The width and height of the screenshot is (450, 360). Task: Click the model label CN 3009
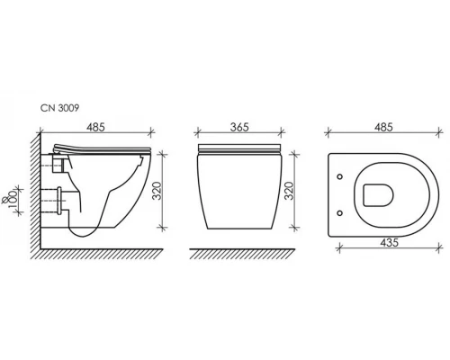pos(59,108)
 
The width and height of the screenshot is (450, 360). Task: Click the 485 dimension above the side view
pos(95,127)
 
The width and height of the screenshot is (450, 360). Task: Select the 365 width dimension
pos(239,127)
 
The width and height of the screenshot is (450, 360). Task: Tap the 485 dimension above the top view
pos(383,127)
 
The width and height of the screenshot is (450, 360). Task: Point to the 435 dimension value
pos(389,242)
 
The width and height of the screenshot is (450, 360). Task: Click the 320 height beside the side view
pos(157,191)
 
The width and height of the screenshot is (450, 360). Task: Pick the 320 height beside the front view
pos(289,191)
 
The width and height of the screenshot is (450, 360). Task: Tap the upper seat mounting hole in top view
pos(339,176)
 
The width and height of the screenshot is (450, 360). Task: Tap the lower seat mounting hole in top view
pos(339,213)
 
